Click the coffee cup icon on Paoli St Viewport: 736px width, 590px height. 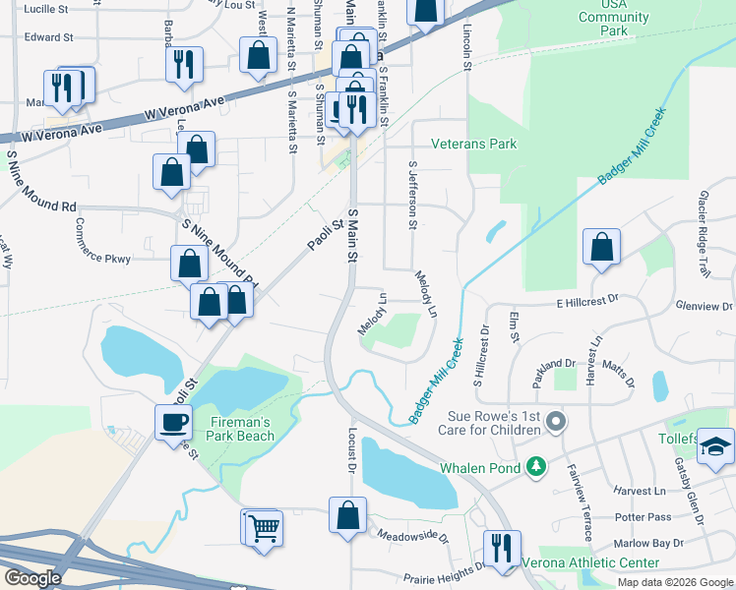tap(173, 421)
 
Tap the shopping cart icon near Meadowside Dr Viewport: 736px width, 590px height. tap(264, 528)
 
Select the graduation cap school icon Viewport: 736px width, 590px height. tap(715, 445)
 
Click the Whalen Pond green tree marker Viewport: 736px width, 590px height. tap(536, 466)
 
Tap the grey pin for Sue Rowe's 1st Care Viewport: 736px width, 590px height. tap(556, 423)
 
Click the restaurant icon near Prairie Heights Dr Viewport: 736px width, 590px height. tap(502, 549)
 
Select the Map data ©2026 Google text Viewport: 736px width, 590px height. tap(674, 581)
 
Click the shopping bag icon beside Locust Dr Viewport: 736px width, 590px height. tap(347, 515)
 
